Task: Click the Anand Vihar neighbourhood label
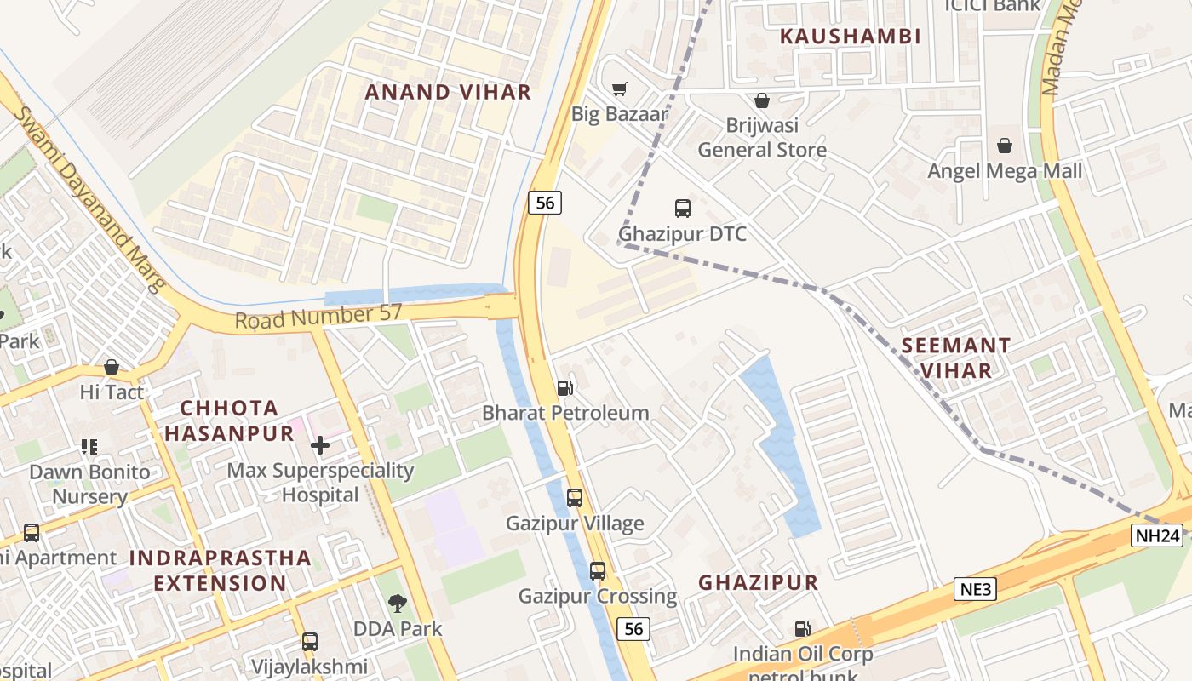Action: pos(448,92)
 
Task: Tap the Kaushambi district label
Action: pos(851,36)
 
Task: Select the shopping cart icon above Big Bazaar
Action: pos(620,89)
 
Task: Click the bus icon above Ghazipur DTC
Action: pos(682,208)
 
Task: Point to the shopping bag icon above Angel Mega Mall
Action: pos(1005,146)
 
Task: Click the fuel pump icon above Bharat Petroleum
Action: pos(564,388)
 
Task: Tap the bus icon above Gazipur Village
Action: pos(575,498)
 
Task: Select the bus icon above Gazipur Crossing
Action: pos(598,571)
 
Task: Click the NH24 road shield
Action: pos(1157,535)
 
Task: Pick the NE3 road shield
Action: pos(975,589)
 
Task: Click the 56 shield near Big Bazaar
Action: pos(545,203)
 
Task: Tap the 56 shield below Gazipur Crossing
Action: pos(633,628)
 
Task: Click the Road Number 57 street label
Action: pos(318,317)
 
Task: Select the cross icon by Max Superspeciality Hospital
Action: pos(320,445)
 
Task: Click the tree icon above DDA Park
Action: pos(397,604)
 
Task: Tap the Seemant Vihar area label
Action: pos(955,358)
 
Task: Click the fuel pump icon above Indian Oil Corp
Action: pos(802,629)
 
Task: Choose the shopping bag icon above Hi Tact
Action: pos(112,367)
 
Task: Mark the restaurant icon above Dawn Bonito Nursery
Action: pos(89,446)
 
